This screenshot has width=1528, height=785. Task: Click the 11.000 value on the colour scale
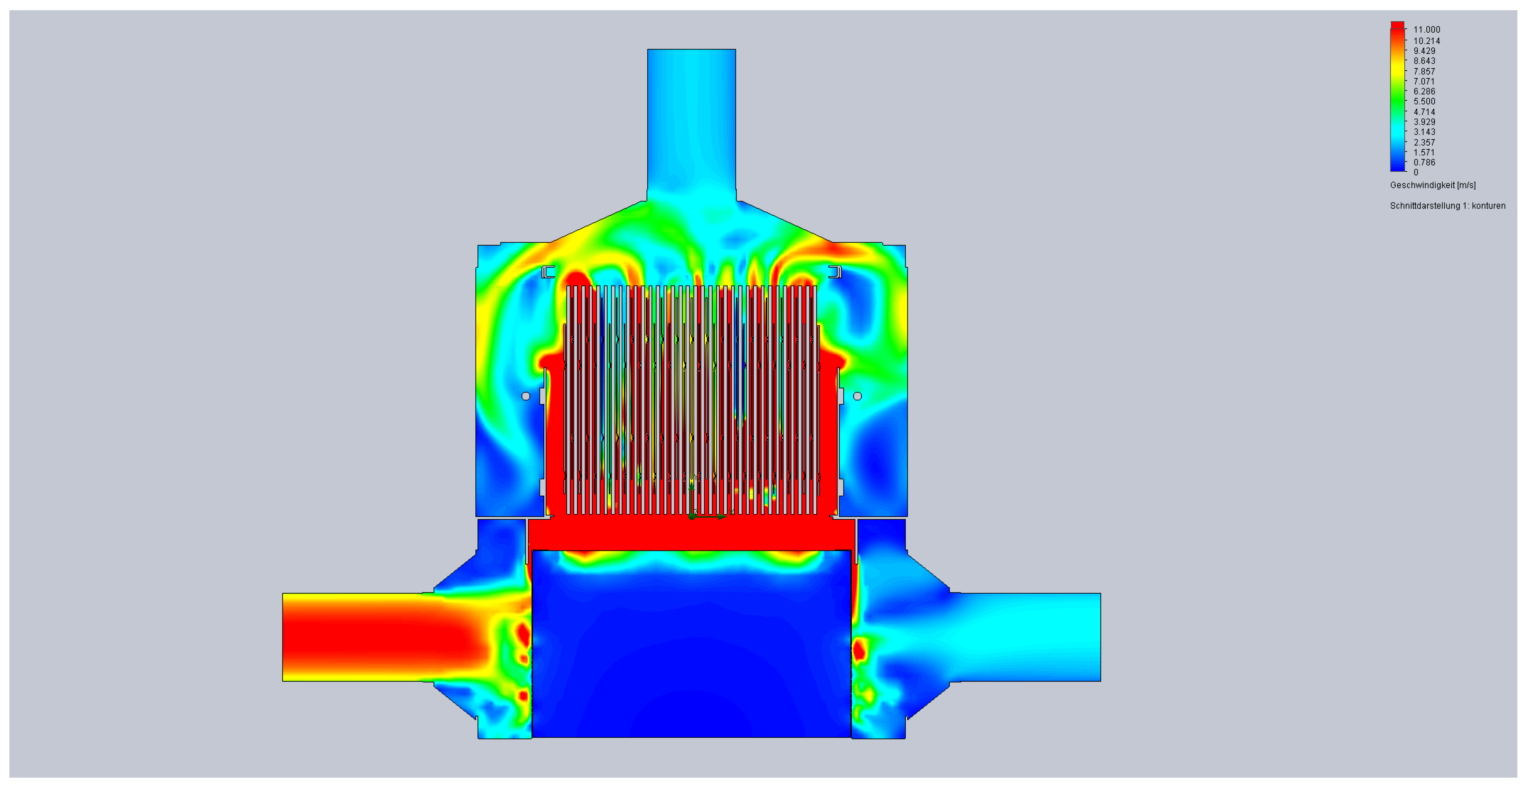1427,30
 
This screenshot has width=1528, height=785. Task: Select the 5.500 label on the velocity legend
1424,101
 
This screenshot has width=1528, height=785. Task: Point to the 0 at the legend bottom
1416,173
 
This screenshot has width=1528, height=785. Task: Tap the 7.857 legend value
1424,71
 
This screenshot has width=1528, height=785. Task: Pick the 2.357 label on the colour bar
1424,142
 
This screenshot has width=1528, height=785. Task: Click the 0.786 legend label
1424,162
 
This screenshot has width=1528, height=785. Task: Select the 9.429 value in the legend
1424,51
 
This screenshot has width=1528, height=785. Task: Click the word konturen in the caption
1488,206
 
